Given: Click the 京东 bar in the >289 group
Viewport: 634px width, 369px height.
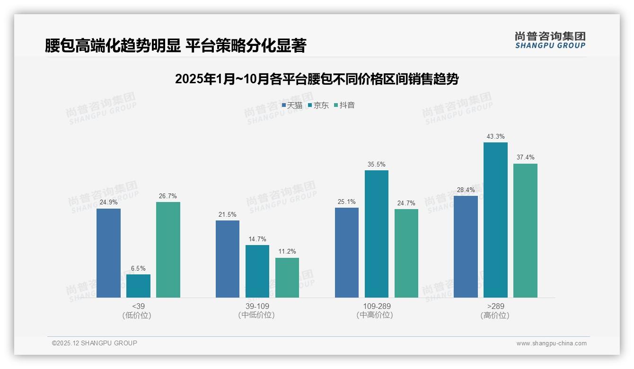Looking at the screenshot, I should click(495, 220).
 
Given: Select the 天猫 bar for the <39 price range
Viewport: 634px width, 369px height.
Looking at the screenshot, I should click(108, 253).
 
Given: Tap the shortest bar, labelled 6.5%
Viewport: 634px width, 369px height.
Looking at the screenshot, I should click(138, 286).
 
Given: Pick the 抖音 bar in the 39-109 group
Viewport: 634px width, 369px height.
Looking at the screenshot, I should click(287, 278).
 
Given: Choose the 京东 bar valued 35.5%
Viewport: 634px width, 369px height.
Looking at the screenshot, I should click(377, 234).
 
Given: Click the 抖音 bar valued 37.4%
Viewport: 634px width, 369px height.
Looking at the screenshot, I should click(525, 230).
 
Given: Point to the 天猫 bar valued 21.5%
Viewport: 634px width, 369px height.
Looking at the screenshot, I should click(228, 259).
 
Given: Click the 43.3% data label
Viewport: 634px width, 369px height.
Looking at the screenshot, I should click(495, 137).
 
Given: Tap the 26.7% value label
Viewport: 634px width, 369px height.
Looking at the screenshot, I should click(168, 196).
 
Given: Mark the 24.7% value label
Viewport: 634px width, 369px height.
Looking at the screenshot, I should click(406, 203).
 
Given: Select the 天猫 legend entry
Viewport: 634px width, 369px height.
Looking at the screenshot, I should click(292, 105).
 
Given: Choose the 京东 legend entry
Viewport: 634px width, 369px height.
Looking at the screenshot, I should click(318, 105).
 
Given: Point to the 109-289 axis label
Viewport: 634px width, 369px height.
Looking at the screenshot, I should click(377, 306).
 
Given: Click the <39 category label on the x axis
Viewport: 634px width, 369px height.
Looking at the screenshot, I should click(138, 306).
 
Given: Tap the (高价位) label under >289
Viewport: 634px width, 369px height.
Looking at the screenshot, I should click(495, 316).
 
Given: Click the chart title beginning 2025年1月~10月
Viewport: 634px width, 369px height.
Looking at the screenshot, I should click(317, 79).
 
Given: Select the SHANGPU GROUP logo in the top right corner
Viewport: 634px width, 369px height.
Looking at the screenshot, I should click(550, 40).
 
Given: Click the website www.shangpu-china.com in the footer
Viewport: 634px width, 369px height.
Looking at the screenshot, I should click(551, 343).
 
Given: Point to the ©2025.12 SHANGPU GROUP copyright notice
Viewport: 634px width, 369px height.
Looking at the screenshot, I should click(95, 343).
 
